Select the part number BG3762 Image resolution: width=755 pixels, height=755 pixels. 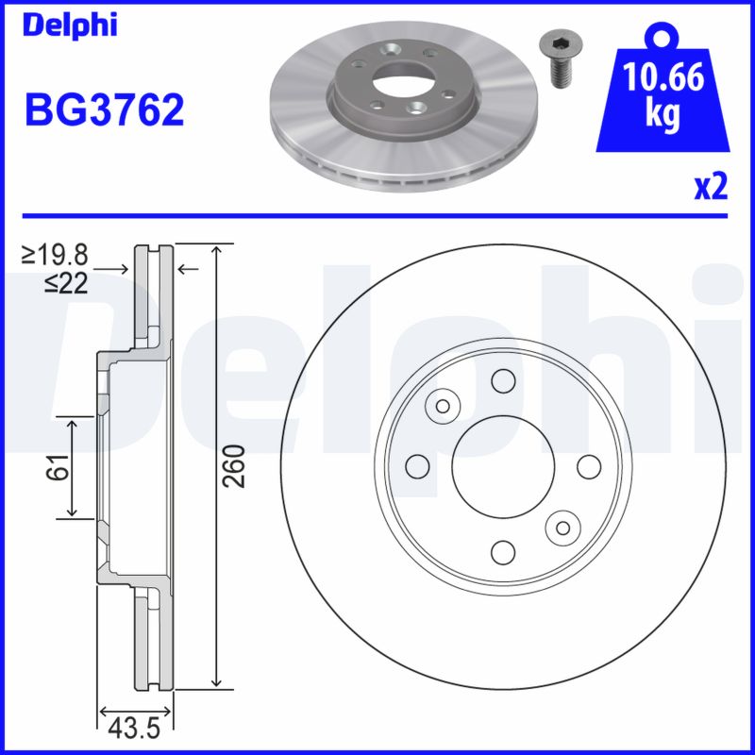[104, 110]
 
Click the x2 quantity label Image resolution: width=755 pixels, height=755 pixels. [711, 188]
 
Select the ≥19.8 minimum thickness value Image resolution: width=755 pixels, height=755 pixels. [57, 254]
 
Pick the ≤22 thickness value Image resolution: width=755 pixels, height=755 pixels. [65, 282]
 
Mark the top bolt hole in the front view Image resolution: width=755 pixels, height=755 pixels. [503, 380]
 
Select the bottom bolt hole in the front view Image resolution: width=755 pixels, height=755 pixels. [503, 551]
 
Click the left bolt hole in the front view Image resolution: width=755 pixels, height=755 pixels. [415, 465]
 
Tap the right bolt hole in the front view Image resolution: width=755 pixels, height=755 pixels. [588, 465]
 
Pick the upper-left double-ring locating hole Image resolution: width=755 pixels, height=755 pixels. [441, 406]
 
